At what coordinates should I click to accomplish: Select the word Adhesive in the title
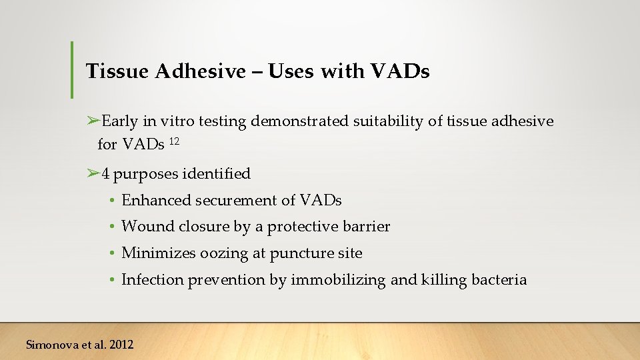[x=201, y=71]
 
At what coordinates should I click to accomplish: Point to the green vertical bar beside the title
[x=72, y=70]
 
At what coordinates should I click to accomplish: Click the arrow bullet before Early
[x=93, y=121]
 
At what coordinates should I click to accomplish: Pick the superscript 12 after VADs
[x=174, y=141]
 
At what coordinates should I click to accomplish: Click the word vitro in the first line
[x=173, y=121]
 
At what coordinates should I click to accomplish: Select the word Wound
[x=148, y=227]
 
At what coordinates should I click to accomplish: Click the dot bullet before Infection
[x=114, y=280]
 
